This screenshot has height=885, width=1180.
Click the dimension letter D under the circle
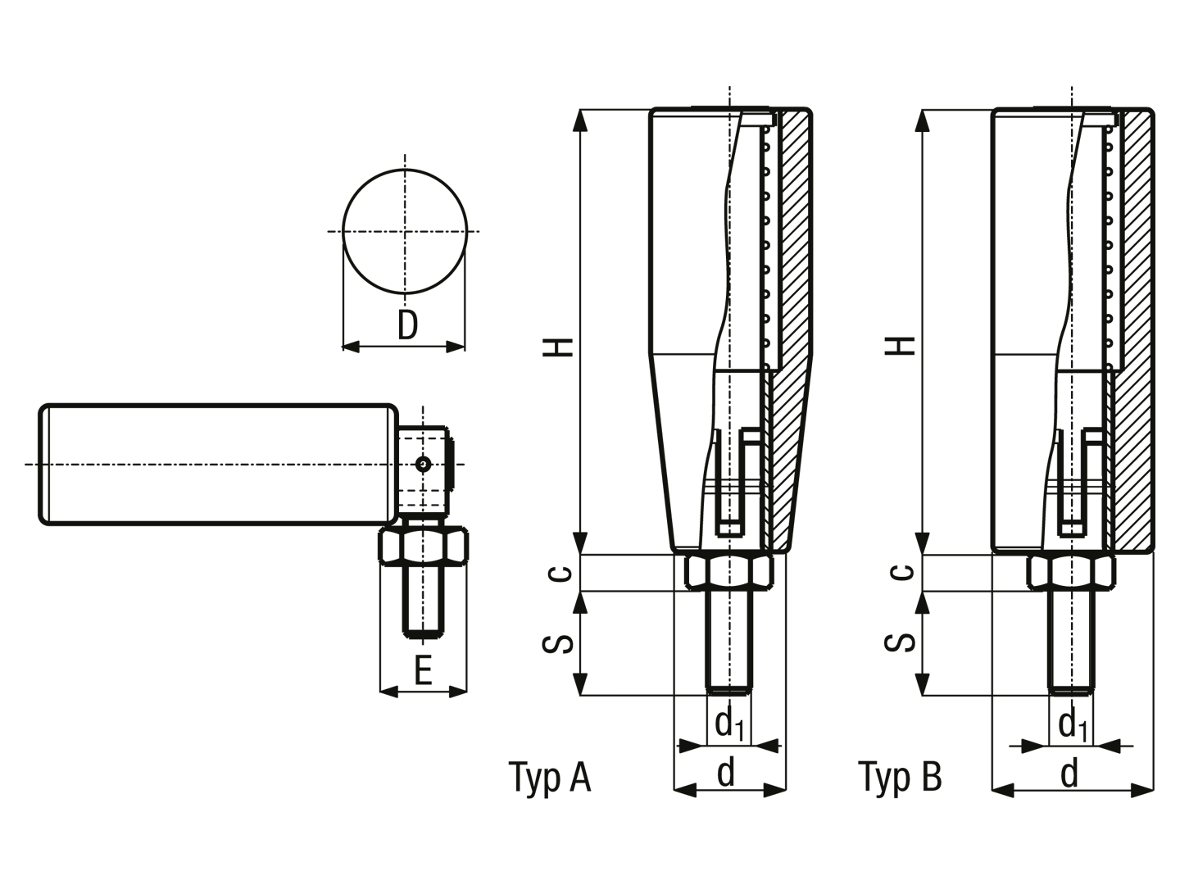click(407, 325)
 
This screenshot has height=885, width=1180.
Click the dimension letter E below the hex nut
click(423, 670)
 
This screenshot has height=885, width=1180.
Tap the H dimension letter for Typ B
click(900, 346)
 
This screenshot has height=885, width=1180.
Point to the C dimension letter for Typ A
click(560, 574)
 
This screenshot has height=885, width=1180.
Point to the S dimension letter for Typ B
click(900, 642)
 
